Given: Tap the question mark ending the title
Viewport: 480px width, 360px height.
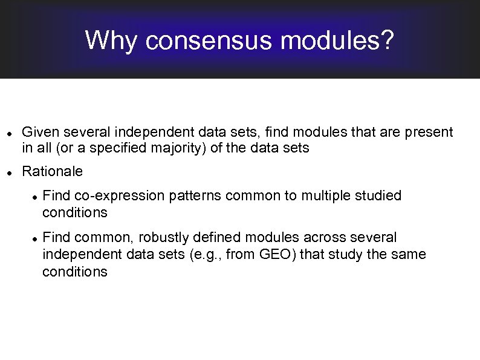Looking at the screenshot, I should pyautogui.click(x=387, y=41).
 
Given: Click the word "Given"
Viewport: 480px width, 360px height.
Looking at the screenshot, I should pyautogui.click(x=39, y=132).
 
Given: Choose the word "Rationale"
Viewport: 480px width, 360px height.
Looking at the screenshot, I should pyautogui.click(x=52, y=172).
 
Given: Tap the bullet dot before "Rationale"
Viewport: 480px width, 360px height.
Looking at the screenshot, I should pyautogui.click(x=7, y=173).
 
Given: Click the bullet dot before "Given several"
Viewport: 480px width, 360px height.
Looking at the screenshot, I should pyautogui.click(x=7, y=133).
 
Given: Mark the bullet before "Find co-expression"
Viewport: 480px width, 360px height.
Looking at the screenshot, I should pyautogui.click(x=36, y=197).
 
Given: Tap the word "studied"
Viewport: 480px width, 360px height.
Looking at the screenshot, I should pyautogui.click(x=379, y=196).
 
